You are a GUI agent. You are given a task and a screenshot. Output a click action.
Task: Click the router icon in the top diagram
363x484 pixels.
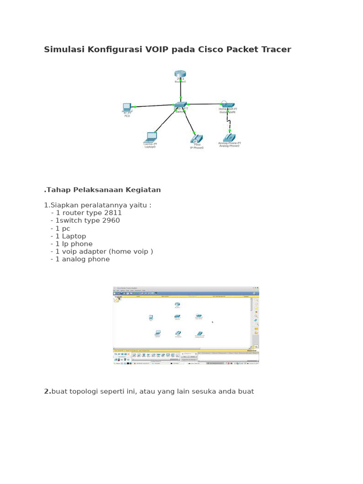[x=180, y=74]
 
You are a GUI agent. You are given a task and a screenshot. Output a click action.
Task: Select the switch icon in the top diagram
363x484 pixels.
[x=181, y=105]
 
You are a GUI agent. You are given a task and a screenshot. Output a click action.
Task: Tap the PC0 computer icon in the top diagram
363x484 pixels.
[x=127, y=107]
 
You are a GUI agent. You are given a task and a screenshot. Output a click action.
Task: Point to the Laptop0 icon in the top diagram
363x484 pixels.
[x=151, y=137]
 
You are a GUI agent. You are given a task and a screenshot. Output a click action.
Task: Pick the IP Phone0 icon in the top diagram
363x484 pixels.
[x=197, y=138]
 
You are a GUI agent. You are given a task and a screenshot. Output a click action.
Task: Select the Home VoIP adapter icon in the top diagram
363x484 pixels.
[x=226, y=104]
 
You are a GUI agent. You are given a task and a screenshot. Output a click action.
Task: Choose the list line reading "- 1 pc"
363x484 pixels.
[x=60, y=228]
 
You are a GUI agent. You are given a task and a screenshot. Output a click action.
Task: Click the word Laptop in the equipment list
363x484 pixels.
[x=74, y=236]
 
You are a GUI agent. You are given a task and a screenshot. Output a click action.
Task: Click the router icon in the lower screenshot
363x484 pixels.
[x=177, y=305]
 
